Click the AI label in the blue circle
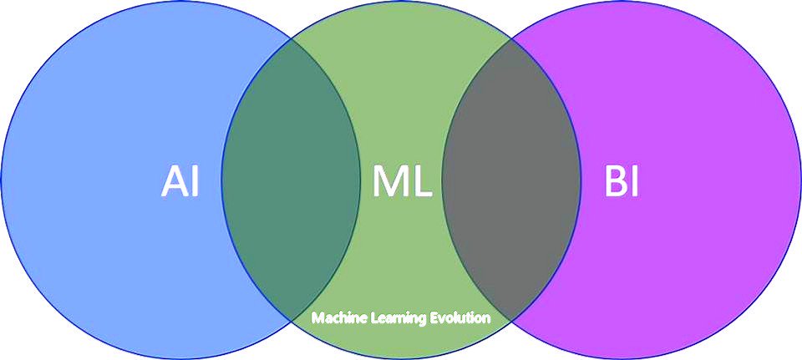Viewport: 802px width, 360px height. pos(180,182)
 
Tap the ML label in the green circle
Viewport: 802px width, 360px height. pos(402,182)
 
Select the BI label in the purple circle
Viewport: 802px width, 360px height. pos(622,182)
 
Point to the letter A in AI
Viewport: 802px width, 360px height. pos(173,182)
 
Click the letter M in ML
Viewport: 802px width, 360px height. pos(389,182)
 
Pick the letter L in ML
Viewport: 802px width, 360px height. pos(422,182)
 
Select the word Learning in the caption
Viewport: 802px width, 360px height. pos(398,319)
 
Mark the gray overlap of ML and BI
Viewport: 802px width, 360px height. pos(511,180)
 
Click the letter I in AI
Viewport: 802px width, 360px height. pos(195,182)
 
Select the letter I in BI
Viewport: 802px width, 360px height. pos(636,182)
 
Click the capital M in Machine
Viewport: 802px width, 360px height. pos(317,318)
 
